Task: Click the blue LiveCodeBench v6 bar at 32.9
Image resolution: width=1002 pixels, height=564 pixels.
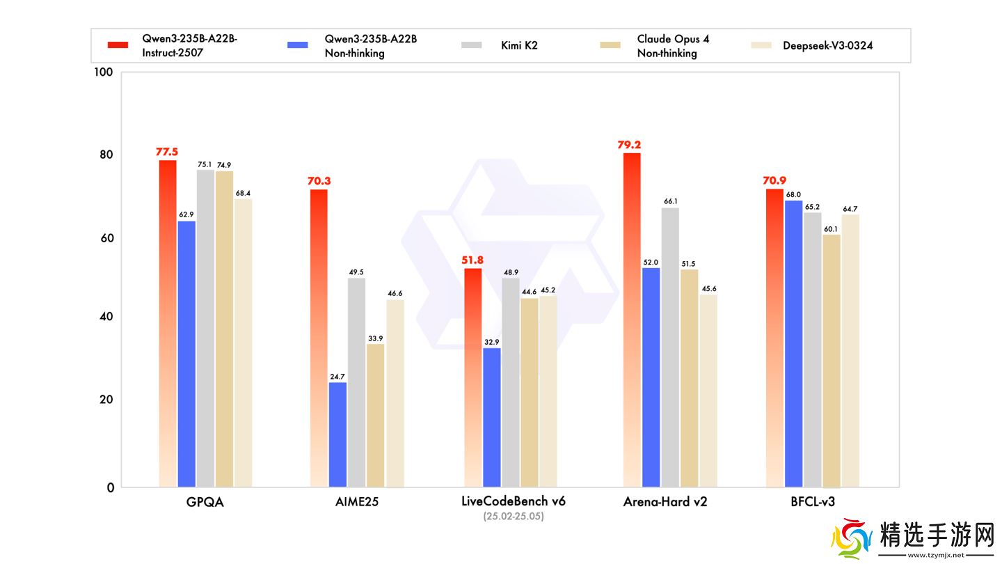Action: pyautogui.click(x=491, y=417)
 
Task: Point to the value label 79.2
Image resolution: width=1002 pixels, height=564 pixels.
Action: pyautogui.click(x=628, y=145)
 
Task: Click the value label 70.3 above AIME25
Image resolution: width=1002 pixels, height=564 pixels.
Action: pyautogui.click(x=319, y=181)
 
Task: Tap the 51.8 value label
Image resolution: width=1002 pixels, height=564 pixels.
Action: pyautogui.click(x=472, y=260)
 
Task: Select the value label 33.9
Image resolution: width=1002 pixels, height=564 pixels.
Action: pyautogui.click(x=375, y=338)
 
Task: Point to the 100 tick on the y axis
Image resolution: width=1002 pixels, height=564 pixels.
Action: pyautogui.click(x=103, y=72)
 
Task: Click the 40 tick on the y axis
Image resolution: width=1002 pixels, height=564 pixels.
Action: pyautogui.click(x=106, y=318)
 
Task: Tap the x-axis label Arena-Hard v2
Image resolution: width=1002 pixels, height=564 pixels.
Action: pyautogui.click(x=665, y=501)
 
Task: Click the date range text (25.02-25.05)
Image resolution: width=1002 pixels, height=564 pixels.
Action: pyautogui.click(x=513, y=517)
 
